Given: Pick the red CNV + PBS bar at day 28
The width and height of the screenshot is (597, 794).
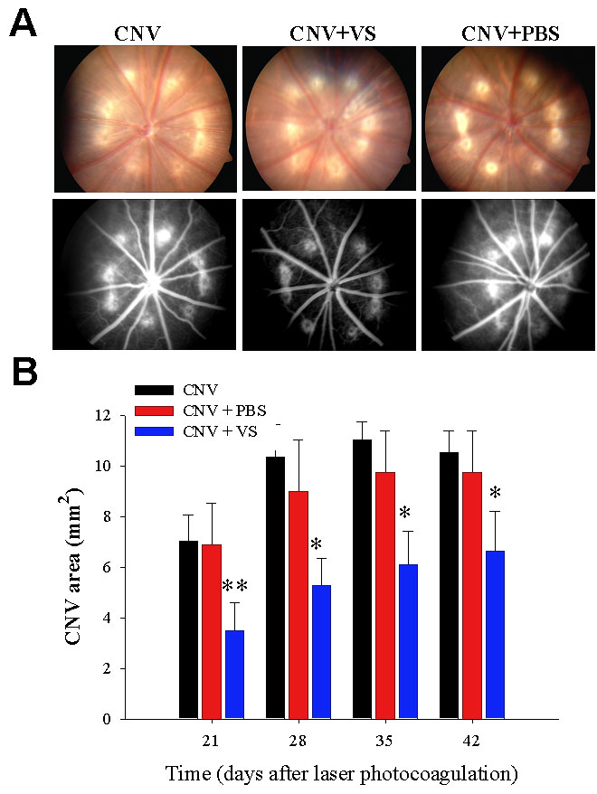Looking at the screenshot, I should coord(298,604).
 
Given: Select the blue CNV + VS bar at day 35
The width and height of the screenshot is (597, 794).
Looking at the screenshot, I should coord(407,641).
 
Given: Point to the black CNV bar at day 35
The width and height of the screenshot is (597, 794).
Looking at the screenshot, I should coord(363,579).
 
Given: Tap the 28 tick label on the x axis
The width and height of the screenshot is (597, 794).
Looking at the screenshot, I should coord(298,740).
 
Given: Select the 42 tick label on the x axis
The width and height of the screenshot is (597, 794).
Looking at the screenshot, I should coord(472,740).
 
